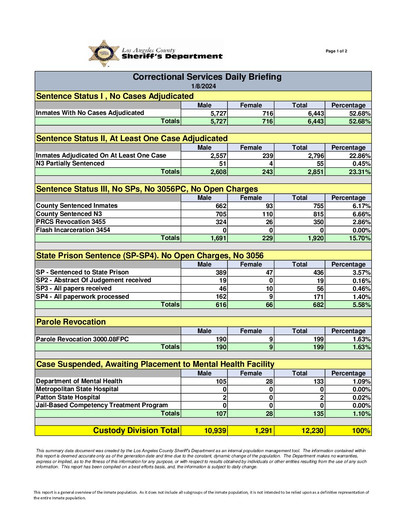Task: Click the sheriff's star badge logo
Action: click(104, 54)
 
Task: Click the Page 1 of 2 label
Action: click(336, 51)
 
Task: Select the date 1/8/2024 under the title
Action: click(203, 86)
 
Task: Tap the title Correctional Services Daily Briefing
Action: click(207, 77)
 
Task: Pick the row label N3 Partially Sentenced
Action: click(70, 163)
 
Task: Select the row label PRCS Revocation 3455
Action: click(71, 222)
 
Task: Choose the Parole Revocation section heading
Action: click(71, 322)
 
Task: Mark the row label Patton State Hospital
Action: click(68, 397)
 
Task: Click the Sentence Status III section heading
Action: click(147, 189)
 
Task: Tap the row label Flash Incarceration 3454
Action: click(73, 230)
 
